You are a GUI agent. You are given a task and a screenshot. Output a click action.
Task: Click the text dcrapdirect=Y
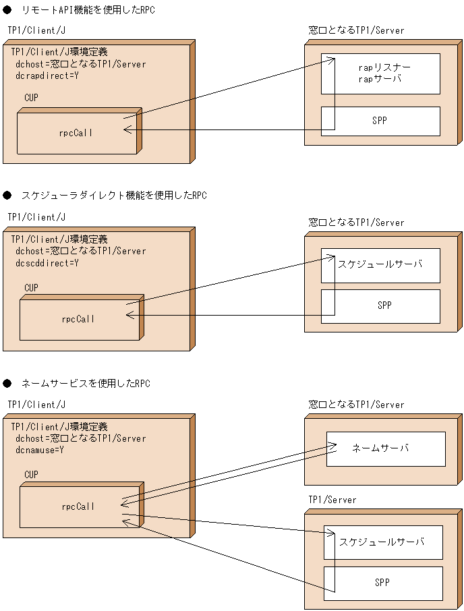(x=47, y=76)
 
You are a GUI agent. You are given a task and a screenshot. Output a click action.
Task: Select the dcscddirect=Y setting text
(x=47, y=263)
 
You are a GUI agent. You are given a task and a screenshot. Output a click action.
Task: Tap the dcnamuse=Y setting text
(x=40, y=450)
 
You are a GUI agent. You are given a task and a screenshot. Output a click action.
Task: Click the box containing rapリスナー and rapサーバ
(x=380, y=74)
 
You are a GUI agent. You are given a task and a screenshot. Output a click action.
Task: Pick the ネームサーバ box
(x=386, y=448)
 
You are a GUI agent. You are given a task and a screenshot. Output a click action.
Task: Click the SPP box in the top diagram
(x=380, y=121)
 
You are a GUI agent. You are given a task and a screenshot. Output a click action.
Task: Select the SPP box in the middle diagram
(x=380, y=306)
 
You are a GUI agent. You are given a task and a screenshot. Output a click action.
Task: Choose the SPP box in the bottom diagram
(x=383, y=583)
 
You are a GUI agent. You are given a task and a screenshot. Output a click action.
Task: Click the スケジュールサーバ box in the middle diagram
(x=380, y=265)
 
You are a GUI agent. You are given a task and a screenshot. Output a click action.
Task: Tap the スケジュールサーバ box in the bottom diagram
(x=383, y=542)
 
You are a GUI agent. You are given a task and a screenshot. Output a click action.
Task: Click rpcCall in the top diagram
(x=76, y=133)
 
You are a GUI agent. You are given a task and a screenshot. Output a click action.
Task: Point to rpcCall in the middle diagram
(x=78, y=319)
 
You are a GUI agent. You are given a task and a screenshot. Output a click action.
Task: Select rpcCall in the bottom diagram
(x=78, y=506)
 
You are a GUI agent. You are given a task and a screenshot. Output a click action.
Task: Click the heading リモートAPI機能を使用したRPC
(x=88, y=9)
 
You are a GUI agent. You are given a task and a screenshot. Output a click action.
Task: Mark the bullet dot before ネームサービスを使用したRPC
(x=8, y=383)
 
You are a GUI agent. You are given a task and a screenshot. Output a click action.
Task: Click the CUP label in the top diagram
(x=32, y=98)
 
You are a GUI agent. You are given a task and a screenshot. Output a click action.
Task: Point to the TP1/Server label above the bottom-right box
(x=332, y=500)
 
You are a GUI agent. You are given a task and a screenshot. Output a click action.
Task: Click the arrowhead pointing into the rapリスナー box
(x=331, y=61)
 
